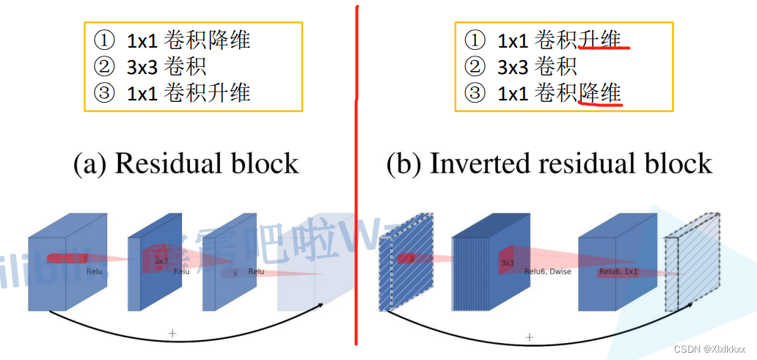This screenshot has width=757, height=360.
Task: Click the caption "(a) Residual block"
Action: (x=186, y=164)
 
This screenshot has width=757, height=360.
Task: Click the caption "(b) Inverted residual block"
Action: (x=549, y=164)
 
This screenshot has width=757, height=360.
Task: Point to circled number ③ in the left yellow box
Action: (x=104, y=93)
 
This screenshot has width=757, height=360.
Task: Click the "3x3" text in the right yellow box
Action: (x=513, y=67)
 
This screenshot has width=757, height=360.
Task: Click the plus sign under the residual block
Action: (x=172, y=333)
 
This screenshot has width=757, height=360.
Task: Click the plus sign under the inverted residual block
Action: (x=528, y=337)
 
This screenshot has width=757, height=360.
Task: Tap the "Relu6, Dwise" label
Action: (x=547, y=271)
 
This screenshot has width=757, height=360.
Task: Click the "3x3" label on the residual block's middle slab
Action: (x=161, y=260)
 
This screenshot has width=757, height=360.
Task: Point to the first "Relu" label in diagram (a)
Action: (x=93, y=271)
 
